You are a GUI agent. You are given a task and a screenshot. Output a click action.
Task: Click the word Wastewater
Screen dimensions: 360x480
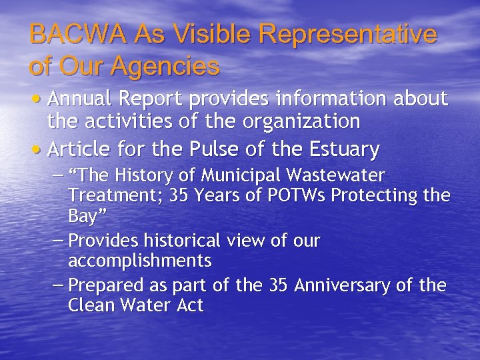point(336,177)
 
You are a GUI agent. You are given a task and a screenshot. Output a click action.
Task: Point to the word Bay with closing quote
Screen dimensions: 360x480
point(86,217)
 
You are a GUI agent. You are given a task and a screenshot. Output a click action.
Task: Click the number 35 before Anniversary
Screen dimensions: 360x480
point(279,285)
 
